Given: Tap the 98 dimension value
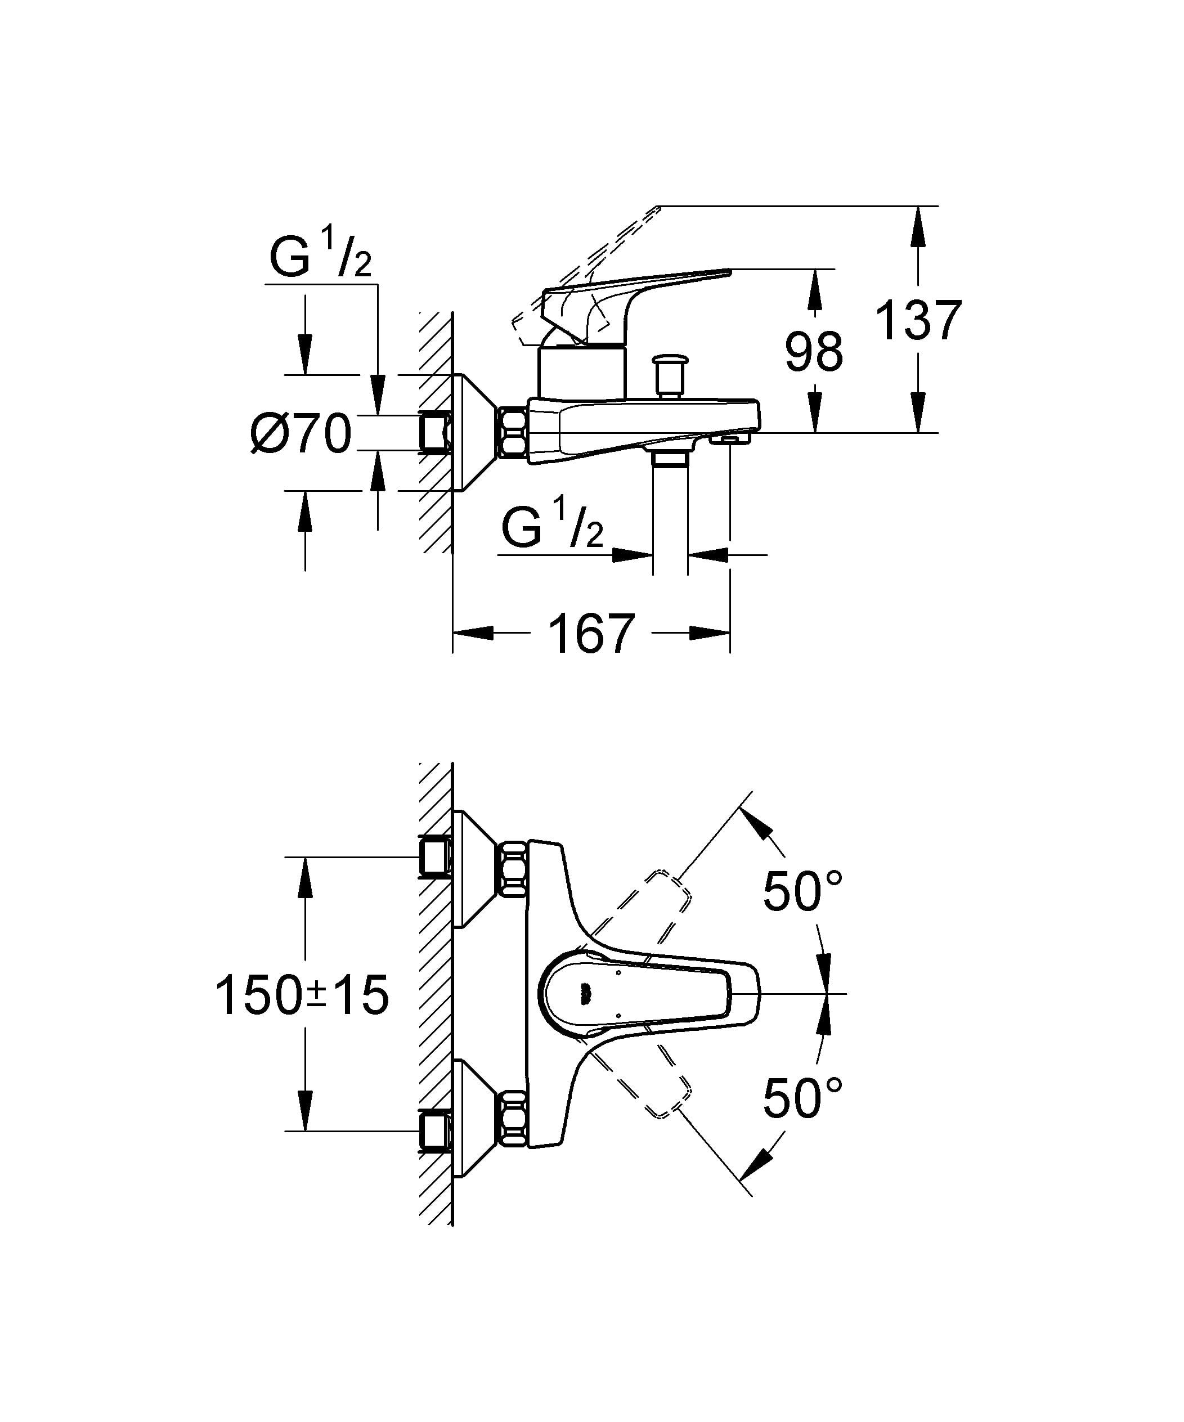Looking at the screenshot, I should tap(814, 352).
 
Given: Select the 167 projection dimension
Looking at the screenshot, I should tap(591, 634).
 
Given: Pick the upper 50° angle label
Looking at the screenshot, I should tap(802, 892).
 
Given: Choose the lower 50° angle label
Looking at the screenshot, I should tap(802, 1098).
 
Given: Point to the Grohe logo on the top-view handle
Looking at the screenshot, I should tap(584, 993).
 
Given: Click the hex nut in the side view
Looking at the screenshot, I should tap(513, 432).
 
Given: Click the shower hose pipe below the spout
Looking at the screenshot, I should tap(670, 515).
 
